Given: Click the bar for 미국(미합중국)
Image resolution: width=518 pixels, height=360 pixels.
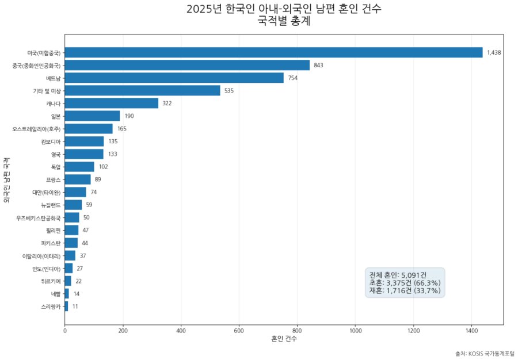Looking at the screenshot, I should click(x=273, y=52).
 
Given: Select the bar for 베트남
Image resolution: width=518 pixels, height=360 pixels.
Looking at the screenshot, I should click(x=174, y=78).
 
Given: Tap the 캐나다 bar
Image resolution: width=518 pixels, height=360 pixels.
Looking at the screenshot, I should click(x=112, y=103).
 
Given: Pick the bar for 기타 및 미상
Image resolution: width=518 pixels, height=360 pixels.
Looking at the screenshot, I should click(x=142, y=90).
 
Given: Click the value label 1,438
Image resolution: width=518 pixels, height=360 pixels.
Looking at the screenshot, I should click(x=494, y=52).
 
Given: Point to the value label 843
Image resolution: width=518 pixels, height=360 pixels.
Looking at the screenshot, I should click(x=318, y=65).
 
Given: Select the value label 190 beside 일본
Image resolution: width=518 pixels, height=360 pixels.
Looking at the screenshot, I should click(x=129, y=116).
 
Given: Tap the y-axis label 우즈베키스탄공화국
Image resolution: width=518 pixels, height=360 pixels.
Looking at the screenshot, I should click(x=38, y=218).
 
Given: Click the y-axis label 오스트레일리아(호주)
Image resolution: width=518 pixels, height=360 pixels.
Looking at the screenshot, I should click(x=36, y=129).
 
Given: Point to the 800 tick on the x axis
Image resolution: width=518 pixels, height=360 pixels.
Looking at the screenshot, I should click(x=297, y=331).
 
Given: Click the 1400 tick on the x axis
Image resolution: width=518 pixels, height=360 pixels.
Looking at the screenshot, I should click(x=471, y=331).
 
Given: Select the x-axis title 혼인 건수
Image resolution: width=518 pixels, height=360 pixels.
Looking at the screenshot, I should click(x=284, y=339).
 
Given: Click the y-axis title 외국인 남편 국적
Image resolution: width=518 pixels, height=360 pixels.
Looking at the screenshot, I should click(x=6, y=179).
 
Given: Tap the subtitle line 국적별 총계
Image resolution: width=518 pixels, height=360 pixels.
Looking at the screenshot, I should click(x=284, y=22).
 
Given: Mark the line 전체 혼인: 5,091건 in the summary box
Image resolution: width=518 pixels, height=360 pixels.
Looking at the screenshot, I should click(x=398, y=274).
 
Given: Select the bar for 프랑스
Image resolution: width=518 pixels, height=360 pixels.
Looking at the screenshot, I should click(x=78, y=179).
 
